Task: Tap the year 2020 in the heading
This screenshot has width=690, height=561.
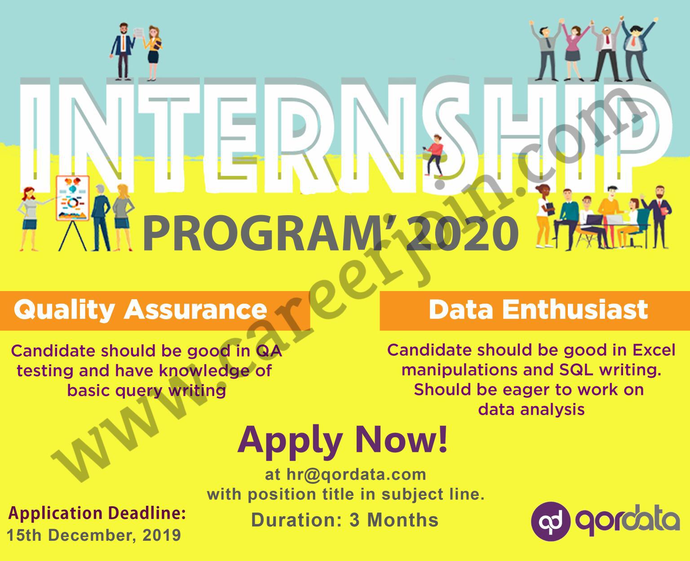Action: click(465, 233)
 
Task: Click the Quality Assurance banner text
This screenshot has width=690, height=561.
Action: click(140, 310)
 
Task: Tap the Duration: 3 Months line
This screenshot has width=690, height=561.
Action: click(345, 520)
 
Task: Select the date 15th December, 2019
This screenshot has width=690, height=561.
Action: click(93, 535)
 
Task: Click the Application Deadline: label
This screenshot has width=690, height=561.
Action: click(97, 513)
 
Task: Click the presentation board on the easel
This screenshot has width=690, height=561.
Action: click(73, 198)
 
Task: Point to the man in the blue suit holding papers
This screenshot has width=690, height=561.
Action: click(123, 51)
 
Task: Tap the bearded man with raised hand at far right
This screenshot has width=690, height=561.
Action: click(658, 216)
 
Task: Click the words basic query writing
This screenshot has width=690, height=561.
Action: click(146, 391)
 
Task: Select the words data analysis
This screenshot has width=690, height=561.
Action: click(531, 410)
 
